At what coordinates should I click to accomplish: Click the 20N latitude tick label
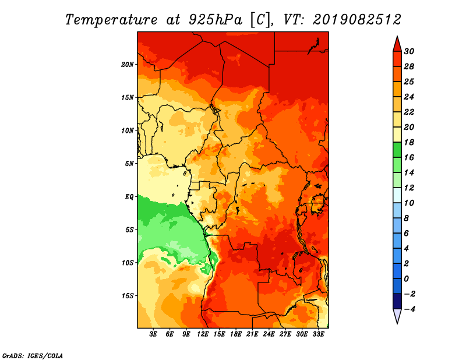[x=128, y=65]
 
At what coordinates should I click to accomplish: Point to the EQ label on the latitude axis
[x=129, y=197]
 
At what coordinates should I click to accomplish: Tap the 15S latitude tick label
[x=128, y=296]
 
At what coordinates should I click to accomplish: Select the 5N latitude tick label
[x=129, y=164]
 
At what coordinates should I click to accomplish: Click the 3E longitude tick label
[x=153, y=334]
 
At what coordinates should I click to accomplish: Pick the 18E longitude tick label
[x=236, y=334]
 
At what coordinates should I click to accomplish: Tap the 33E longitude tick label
[x=318, y=334]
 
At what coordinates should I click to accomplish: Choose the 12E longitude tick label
[x=203, y=334]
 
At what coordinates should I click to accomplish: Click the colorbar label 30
[x=409, y=51]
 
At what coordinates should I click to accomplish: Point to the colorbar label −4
[x=409, y=309]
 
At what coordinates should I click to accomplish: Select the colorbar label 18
[x=409, y=142]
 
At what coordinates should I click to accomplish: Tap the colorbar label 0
[x=406, y=279]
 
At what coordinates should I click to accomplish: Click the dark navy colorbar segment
[x=397, y=301]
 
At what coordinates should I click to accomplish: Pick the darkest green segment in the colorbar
[x=397, y=150]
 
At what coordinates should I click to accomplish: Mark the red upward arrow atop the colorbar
[x=397, y=44]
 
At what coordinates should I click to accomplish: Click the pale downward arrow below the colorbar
[x=397, y=316]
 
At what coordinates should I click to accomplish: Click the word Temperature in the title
[x=111, y=20]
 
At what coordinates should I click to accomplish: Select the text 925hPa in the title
[x=216, y=20]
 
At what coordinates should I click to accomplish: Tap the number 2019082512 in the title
[x=357, y=20]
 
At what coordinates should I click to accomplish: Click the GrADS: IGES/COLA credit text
[x=33, y=355]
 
